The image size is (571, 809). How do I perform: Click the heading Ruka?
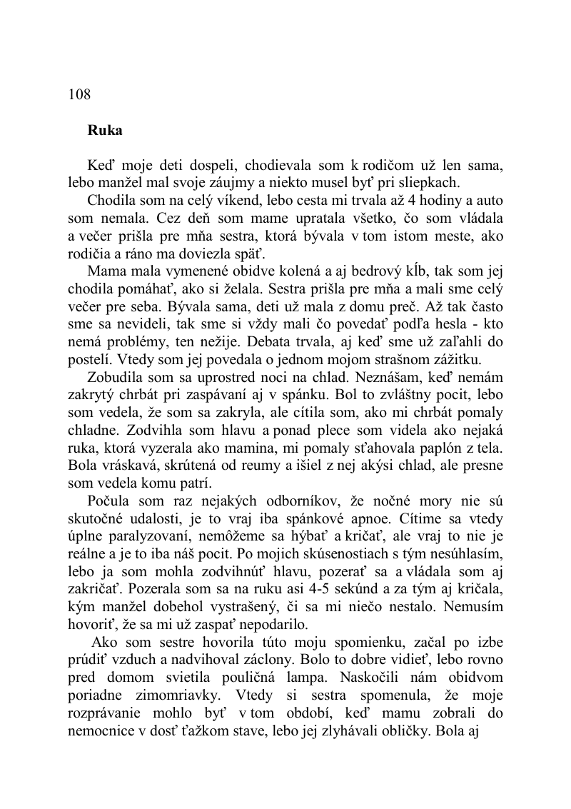tap(105, 131)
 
